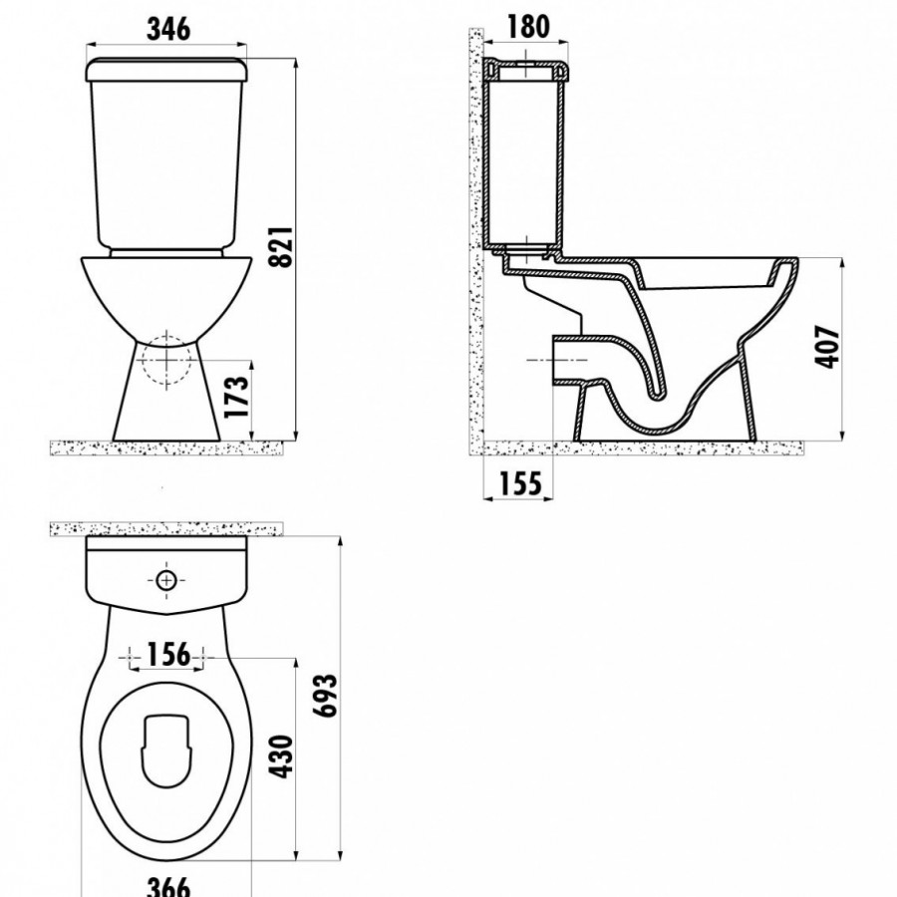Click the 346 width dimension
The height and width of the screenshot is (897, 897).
click(168, 29)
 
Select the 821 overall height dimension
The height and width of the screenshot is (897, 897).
click(281, 246)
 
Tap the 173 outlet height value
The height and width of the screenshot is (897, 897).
click(237, 396)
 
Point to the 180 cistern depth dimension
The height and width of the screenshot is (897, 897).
click(527, 26)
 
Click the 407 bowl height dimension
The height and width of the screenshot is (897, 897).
click(826, 348)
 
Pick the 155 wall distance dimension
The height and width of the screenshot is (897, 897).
click(520, 483)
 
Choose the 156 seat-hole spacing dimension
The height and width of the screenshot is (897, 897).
click(168, 655)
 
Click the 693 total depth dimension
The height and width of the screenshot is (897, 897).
click(328, 696)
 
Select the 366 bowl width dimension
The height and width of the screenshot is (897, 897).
click(168, 886)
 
